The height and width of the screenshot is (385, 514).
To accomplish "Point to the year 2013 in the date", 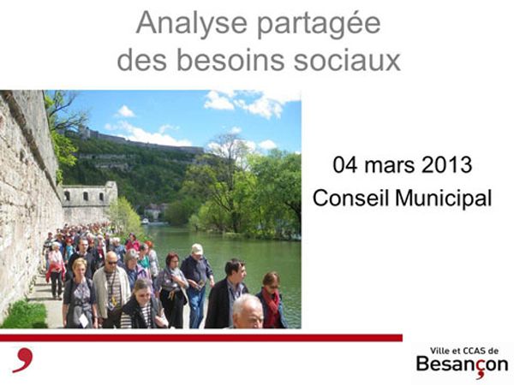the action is coord(446,164).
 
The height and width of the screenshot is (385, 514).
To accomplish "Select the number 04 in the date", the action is coord(345,164).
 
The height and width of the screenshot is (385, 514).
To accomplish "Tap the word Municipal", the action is coord(444,199).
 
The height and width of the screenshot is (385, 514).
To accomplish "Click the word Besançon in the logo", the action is coord(462,365).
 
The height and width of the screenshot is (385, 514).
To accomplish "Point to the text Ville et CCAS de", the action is coord(463,351).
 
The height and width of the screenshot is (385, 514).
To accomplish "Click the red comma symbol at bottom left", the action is coord(24,359).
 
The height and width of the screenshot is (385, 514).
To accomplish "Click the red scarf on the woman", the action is coord(272,305).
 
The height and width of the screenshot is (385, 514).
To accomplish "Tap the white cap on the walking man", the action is coord(197,249).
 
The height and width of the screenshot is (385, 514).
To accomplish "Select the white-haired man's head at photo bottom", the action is coord(248,311).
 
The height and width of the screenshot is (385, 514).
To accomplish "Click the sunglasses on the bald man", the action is coord(111,263).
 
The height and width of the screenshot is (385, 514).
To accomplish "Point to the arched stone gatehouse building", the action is coord(89,200).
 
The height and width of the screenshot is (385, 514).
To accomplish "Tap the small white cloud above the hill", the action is coord(125,111).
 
